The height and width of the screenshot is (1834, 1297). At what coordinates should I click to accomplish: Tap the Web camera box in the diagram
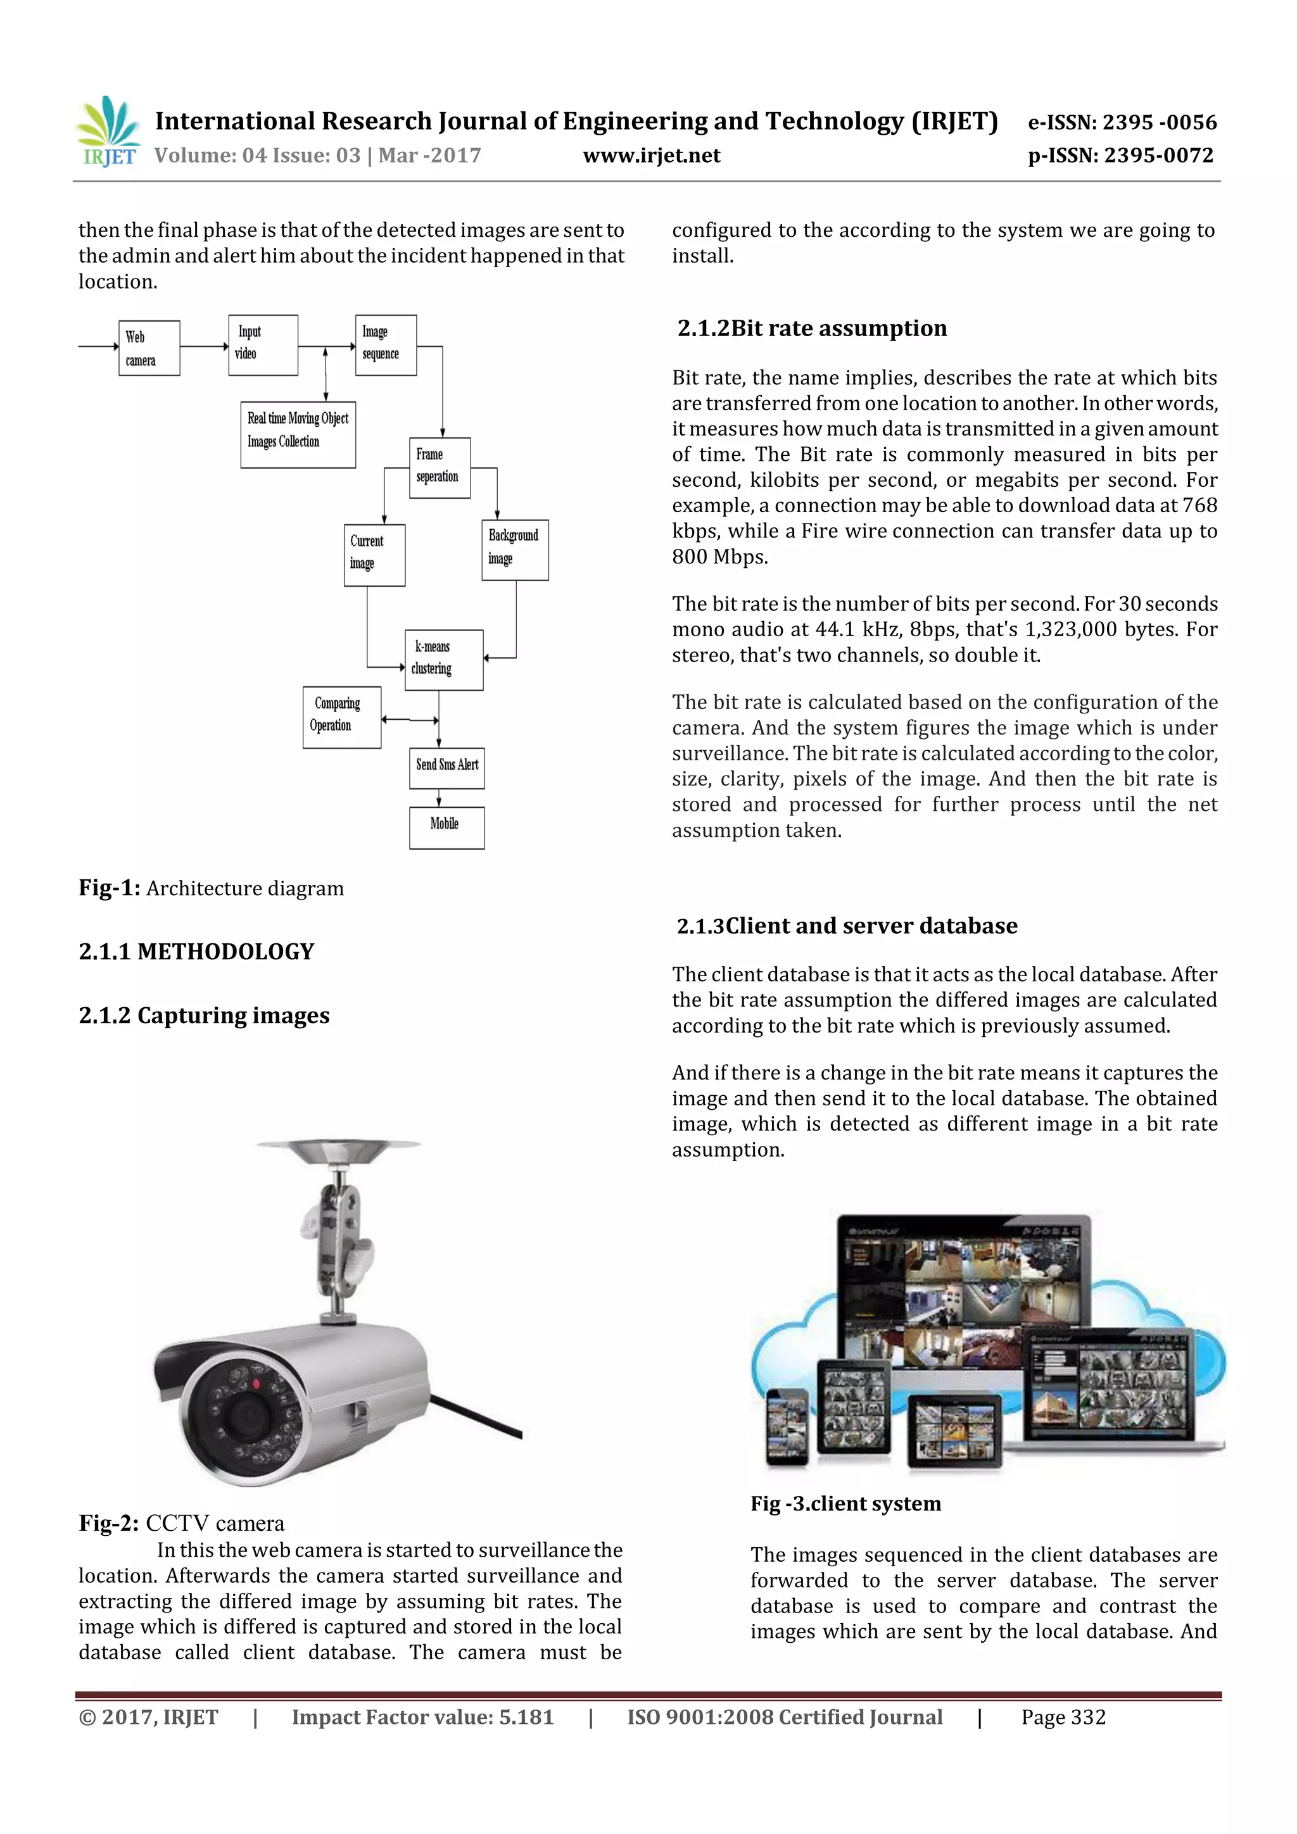tap(149, 348)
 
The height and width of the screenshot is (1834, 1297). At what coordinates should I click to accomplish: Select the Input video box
tap(263, 345)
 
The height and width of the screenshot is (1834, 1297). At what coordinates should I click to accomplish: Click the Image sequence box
tap(385, 345)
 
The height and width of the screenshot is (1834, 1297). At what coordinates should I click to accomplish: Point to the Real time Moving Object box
tap(297, 434)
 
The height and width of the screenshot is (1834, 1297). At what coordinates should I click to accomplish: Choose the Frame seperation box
tap(440, 468)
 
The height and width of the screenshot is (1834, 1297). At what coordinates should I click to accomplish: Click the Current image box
tap(374, 555)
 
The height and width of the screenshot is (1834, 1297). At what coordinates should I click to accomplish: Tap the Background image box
tap(515, 550)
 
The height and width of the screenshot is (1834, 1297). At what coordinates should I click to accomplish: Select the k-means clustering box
tap(443, 660)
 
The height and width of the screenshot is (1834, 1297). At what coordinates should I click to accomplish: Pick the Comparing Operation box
tap(341, 717)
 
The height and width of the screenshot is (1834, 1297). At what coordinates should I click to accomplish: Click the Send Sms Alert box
tap(446, 768)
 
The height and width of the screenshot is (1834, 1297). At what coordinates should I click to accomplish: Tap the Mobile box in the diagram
tap(446, 827)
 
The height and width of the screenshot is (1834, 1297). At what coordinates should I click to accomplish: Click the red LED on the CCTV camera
tap(256, 1383)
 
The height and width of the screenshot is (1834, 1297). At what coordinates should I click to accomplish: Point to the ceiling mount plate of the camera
tap(339, 1150)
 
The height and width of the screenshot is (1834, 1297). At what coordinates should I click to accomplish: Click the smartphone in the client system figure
tap(787, 1427)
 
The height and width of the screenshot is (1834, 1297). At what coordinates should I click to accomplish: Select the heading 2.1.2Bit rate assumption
tap(812, 329)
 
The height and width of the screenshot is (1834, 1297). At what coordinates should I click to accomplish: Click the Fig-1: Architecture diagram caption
tap(211, 888)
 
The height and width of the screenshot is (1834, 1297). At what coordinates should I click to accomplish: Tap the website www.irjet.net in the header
tap(651, 156)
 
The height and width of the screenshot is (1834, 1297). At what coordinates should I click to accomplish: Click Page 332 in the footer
tap(1063, 1717)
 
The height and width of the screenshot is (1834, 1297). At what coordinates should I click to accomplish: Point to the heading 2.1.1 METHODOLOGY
tap(196, 952)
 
